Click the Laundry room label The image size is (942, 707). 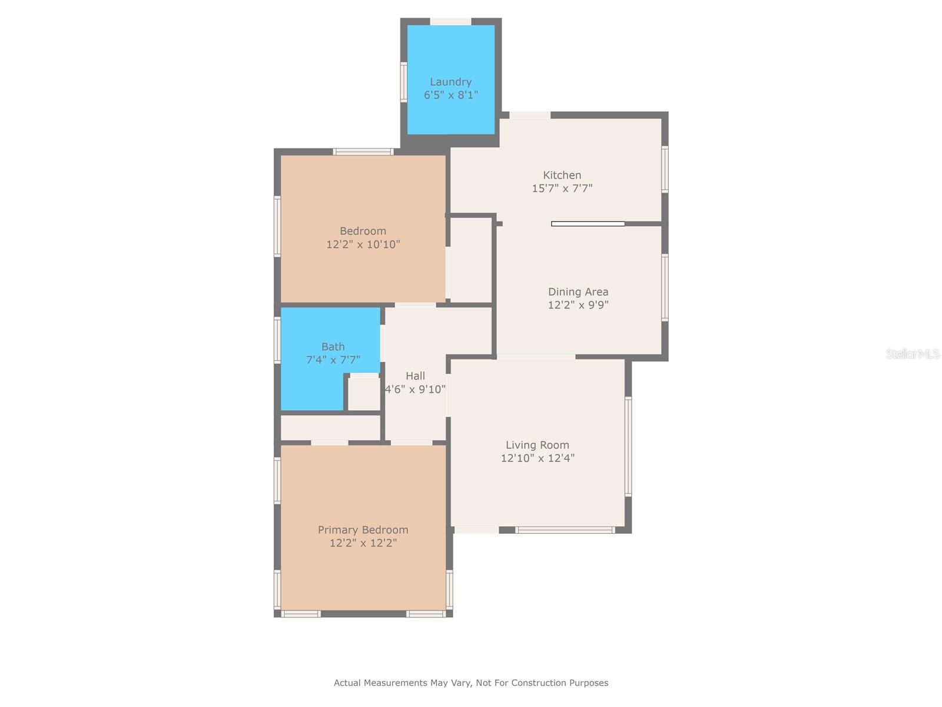450,82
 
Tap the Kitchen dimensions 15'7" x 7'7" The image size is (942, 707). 562,189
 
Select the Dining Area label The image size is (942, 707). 578,292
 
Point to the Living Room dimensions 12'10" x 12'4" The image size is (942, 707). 538,458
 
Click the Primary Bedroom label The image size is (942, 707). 363,530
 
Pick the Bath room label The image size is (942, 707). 333,346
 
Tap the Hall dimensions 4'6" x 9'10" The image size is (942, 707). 415,389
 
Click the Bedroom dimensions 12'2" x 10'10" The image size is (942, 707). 363,245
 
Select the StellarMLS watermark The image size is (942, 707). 912,354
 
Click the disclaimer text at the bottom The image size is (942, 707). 471,683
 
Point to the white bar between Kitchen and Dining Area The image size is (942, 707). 588,224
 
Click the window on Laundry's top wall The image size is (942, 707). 450,22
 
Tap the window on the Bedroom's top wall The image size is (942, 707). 363,152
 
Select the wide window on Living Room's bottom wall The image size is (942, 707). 565,530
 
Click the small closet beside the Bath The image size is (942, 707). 364,394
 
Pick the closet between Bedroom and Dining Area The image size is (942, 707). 471,260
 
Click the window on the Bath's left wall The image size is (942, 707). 277,340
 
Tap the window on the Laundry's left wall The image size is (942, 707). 404,82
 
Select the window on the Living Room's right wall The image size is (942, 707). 628,446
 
